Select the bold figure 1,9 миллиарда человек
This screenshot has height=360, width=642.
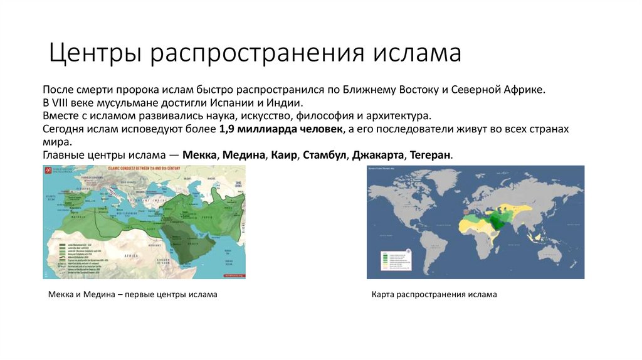pyautogui.click(x=282, y=129)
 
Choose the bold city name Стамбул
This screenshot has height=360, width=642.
pyautogui.click(x=324, y=154)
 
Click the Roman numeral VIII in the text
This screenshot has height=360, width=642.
pyautogui.click(x=64, y=103)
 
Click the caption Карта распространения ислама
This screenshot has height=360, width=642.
pyautogui.click(x=433, y=294)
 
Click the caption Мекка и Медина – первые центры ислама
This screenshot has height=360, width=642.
pyautogui.click(x=132, y=294)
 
